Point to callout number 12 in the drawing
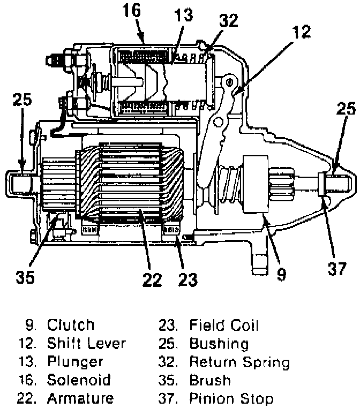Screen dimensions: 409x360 pos(302,32)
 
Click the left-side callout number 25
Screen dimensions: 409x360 pos(22,100)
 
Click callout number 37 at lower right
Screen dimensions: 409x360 pos(337,269)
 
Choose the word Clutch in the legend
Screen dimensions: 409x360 pos(71,325)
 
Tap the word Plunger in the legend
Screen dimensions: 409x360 pos(74,362)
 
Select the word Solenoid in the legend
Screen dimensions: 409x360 pos(79,381)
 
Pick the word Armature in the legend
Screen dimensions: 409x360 pos(80,399)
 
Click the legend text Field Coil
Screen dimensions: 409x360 pos(224,325)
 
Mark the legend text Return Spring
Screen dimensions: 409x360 pos(239,362)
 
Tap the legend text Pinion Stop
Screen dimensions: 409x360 pos(231,399)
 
